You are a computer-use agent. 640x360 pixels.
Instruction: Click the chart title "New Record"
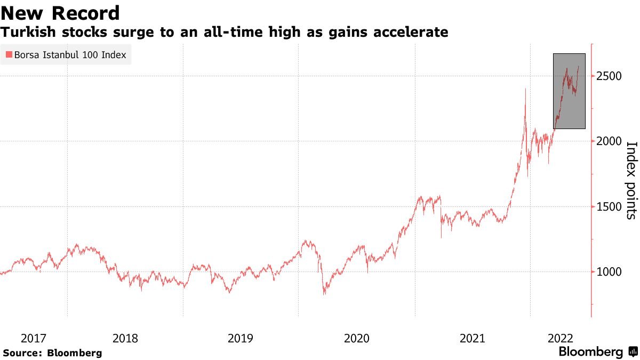[x=60, y=13]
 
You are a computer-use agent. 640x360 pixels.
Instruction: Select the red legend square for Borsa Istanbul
[x=9, y=54]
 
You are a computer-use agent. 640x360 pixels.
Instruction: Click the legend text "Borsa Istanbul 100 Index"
[x=69, y=54]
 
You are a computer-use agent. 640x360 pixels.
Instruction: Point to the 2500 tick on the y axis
[x=608, y=76]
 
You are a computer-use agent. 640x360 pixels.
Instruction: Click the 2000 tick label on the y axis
[x=608, y=141]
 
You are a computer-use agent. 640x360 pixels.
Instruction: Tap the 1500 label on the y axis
[x=608, y=207]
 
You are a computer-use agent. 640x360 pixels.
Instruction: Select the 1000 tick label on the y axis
[x=608, y=272]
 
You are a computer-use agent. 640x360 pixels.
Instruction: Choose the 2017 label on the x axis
[x=33, y=338]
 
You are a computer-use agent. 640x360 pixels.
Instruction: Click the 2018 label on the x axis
[x=125, y=338]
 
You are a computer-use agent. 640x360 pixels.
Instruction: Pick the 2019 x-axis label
[x=241, y=338]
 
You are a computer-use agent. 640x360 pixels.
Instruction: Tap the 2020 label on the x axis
[x=356, y=338]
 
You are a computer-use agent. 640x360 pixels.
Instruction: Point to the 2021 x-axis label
[x=472, y=338]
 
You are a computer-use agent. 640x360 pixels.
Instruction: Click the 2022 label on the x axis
[x=561, y=338]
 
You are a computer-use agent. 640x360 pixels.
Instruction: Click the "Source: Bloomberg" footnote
[x=52, y=353]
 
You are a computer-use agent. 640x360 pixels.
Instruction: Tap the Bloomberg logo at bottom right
[x=598, y=352]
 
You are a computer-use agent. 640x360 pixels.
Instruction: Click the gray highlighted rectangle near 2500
[x=569, y=91]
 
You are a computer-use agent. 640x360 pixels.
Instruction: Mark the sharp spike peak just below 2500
[x=525, y=89]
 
